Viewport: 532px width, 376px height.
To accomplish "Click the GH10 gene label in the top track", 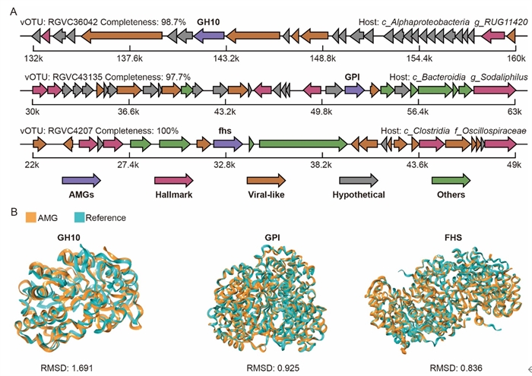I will (x=207, y=23).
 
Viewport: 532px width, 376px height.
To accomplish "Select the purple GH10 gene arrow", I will (x=207, y=36).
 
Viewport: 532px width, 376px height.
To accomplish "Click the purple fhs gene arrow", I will (x=227, y=143).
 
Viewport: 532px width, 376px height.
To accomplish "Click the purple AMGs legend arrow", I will (x=81, y=180).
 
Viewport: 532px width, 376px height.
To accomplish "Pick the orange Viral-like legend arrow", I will (x=266, y=180).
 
